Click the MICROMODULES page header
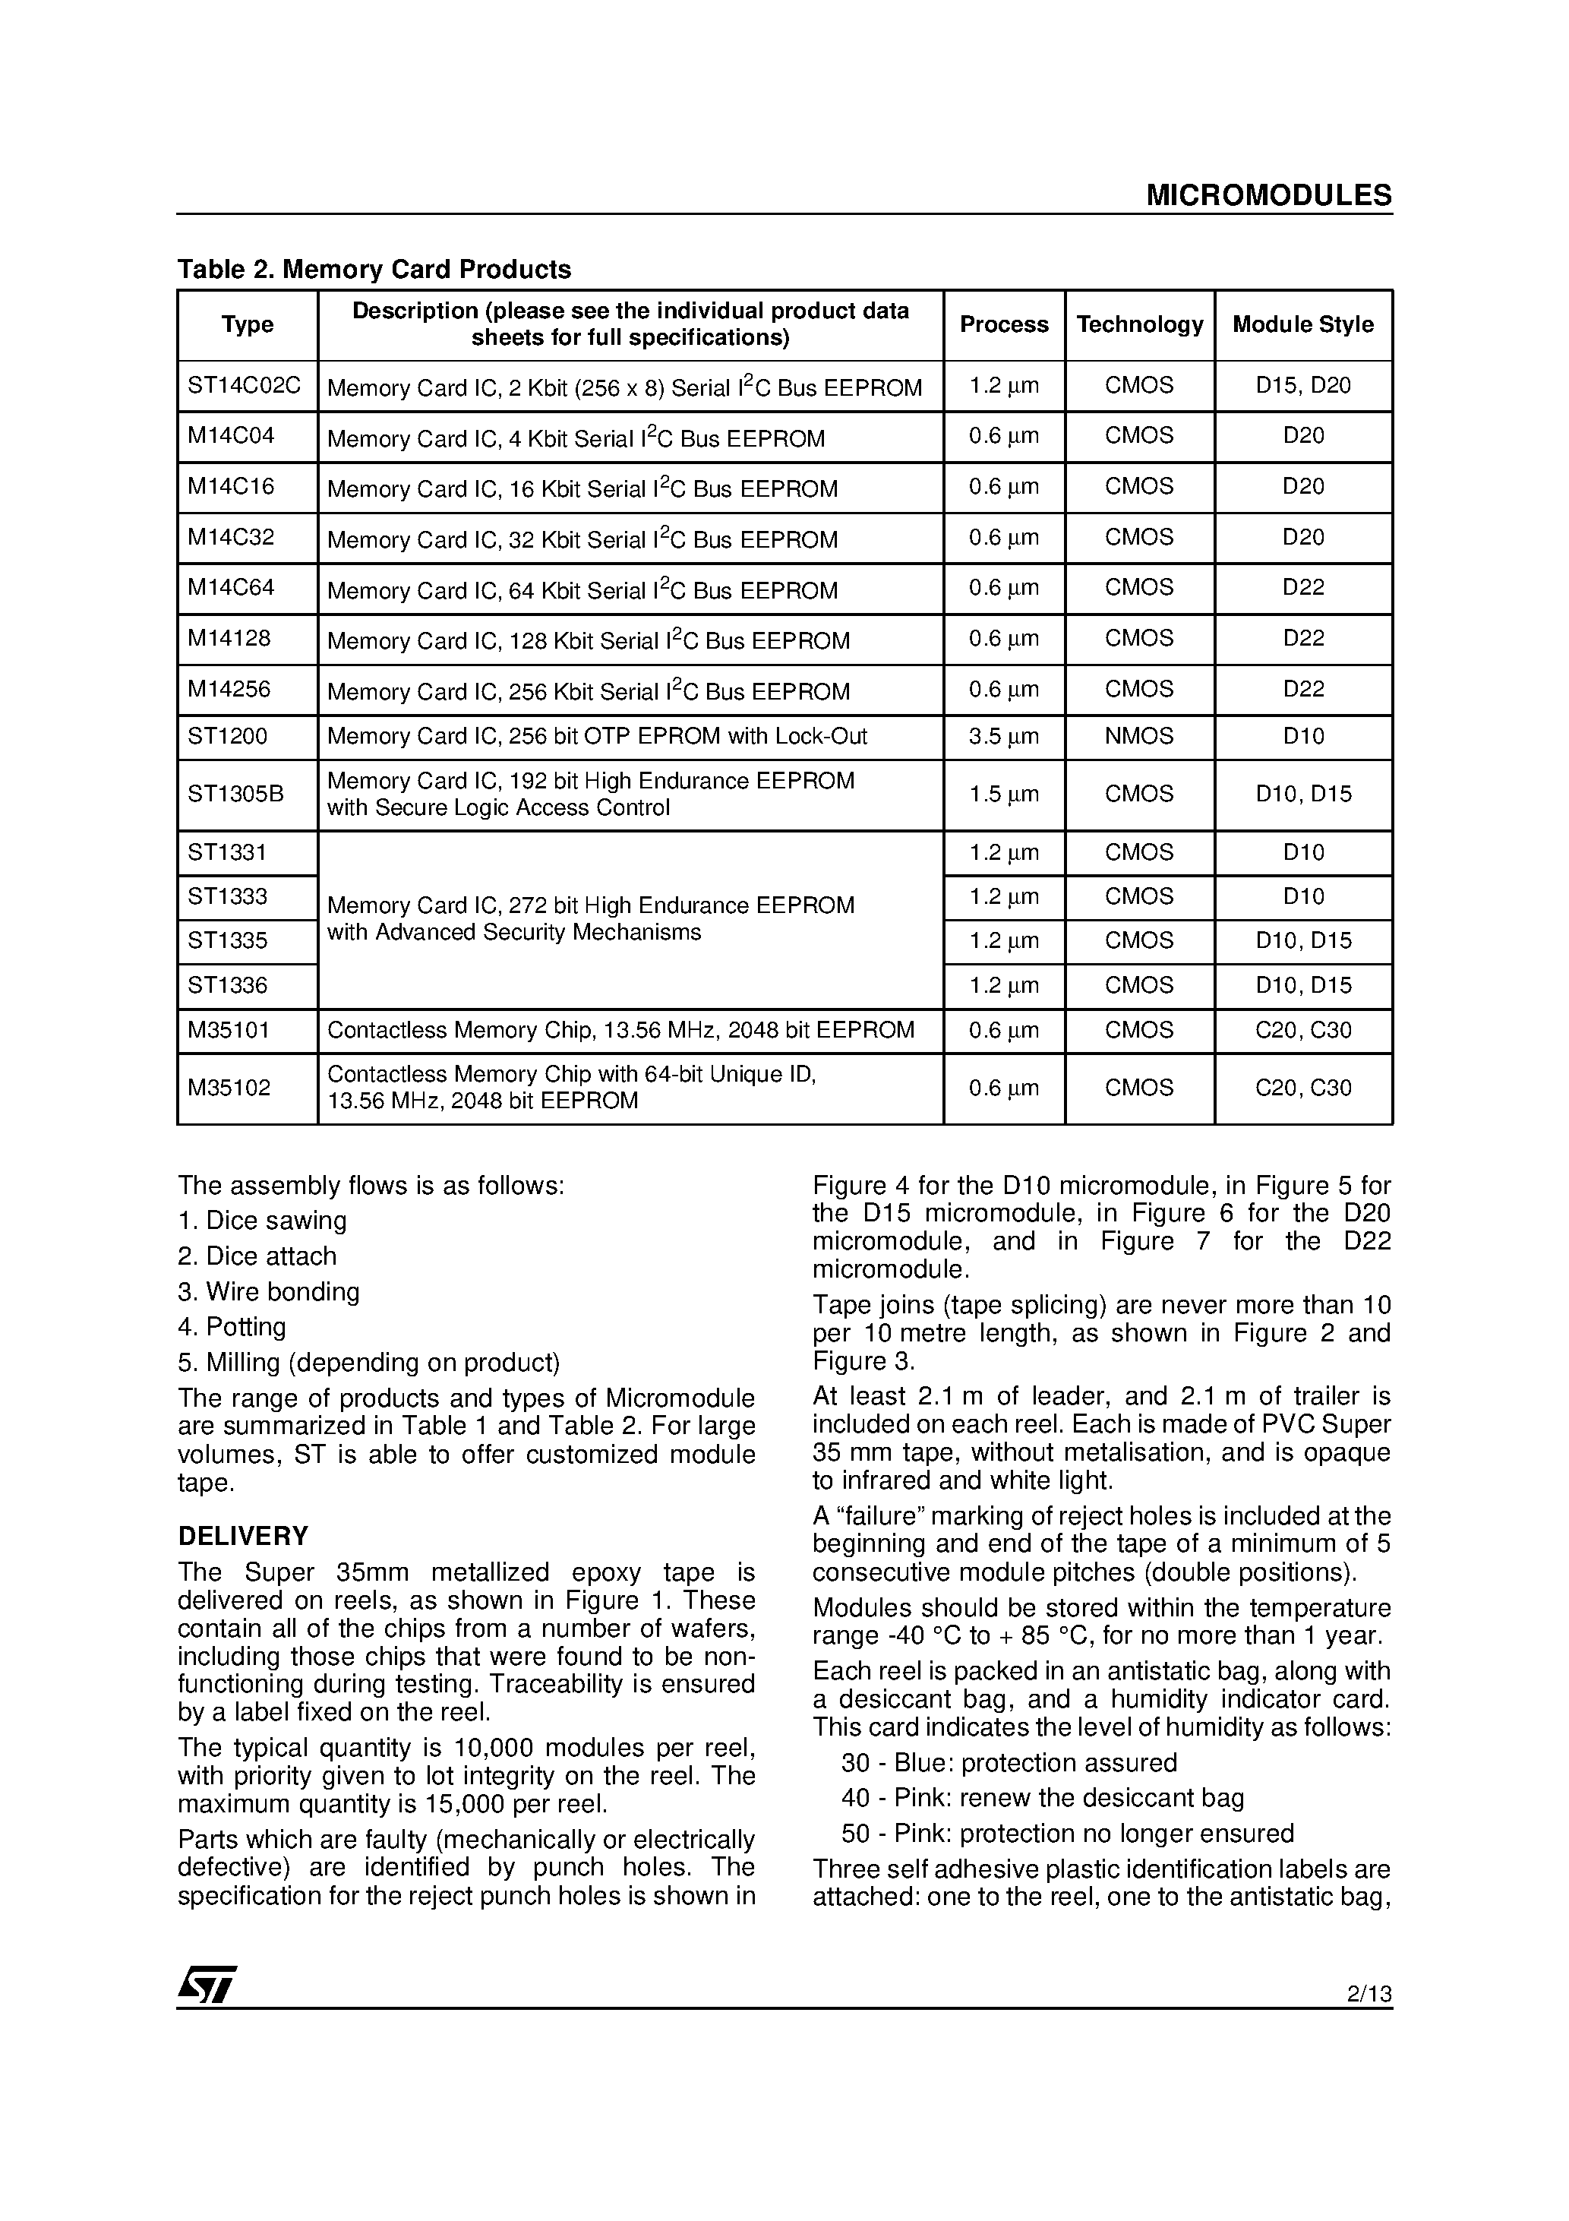coord(1268,195)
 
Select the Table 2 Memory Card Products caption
coord(374,269)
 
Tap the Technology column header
coord(1138,324)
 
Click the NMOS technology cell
coord(1138,736)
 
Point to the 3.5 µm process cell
coord(1003,736)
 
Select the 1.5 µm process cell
coord(1003,795)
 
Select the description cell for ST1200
coord(597,736)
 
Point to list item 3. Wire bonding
coord(268,1291)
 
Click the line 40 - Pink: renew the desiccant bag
coord(1042,1798)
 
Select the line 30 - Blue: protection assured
coord(1009,1762)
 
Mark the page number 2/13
coord(1368,1995)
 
